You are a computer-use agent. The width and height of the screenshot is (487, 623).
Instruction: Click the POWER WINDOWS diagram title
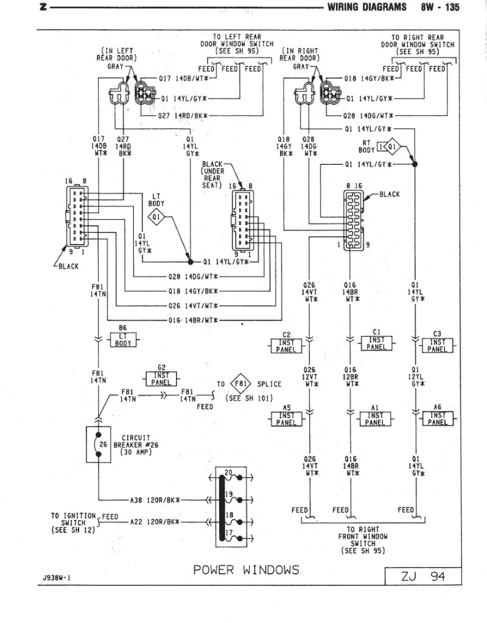coord(246,569)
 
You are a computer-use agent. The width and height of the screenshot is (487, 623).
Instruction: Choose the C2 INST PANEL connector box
coord(286,345)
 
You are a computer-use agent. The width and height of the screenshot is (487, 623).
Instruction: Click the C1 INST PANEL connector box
coord(376,344)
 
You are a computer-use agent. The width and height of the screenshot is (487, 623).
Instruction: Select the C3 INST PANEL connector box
coord(437,345)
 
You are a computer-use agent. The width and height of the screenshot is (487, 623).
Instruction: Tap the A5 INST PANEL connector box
coord(286,419)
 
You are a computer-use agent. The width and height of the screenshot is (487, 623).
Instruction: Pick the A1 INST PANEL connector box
coord(376,418)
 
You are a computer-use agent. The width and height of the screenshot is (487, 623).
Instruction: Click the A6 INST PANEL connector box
coord(437,418)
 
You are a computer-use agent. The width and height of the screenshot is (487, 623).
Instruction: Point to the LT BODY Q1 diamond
coord(156,216)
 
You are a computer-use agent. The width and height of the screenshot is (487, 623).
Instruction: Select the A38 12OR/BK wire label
coord(155,500)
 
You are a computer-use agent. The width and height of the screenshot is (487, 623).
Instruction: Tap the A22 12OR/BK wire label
coord(155,522)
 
